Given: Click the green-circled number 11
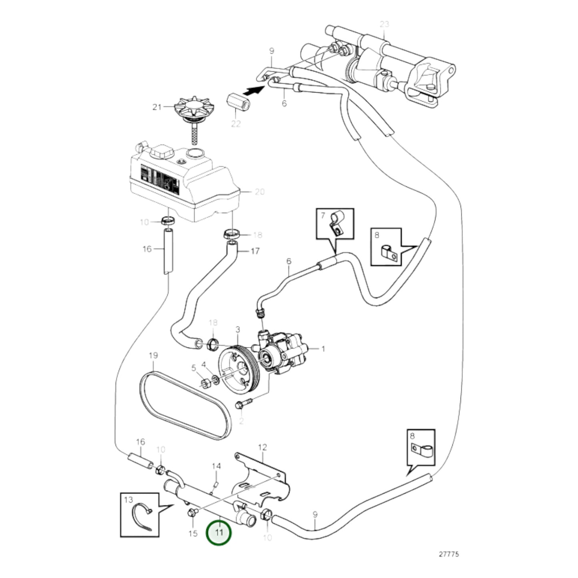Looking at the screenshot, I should click(218, 532).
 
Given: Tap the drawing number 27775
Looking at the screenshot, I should click(449, 554).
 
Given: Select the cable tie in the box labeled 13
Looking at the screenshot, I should click(142, 518).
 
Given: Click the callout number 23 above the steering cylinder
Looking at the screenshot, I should click(384, 24).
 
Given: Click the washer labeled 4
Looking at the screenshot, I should click(215, 378).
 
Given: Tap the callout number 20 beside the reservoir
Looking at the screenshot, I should click(260, 192).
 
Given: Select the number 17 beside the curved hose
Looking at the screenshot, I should click(255, 251).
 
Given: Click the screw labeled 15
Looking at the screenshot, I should click(191, 513).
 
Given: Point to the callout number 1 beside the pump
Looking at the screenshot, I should click(323, 349).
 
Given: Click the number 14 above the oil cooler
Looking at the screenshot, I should click(216, 466).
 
